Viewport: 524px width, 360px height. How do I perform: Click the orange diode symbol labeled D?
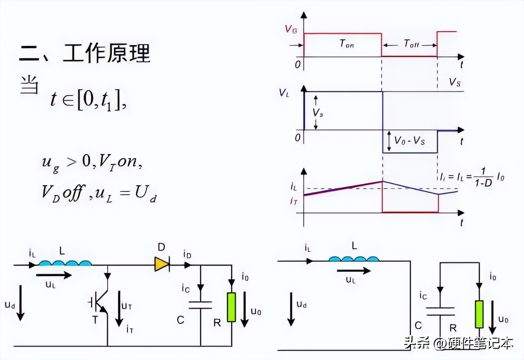coord(162,264)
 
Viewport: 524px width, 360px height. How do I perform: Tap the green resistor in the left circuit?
coord(232,307)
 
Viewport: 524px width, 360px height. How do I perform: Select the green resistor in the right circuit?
coord(479,314)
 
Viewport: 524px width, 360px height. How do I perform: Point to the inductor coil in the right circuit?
coord(354,259)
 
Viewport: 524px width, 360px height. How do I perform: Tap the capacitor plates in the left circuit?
coord(200,305)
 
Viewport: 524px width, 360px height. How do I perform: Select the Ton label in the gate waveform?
coord(346,44)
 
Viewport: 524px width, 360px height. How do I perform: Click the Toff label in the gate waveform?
coord(411,44)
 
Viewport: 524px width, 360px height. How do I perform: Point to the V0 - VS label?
coord(409,140)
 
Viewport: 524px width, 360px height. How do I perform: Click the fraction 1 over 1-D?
coord(484,177)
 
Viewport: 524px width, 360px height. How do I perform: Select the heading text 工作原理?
coord(107,54)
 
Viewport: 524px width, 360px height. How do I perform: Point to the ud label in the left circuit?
coord(10,305)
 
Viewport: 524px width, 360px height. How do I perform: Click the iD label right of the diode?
coord(187,255)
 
